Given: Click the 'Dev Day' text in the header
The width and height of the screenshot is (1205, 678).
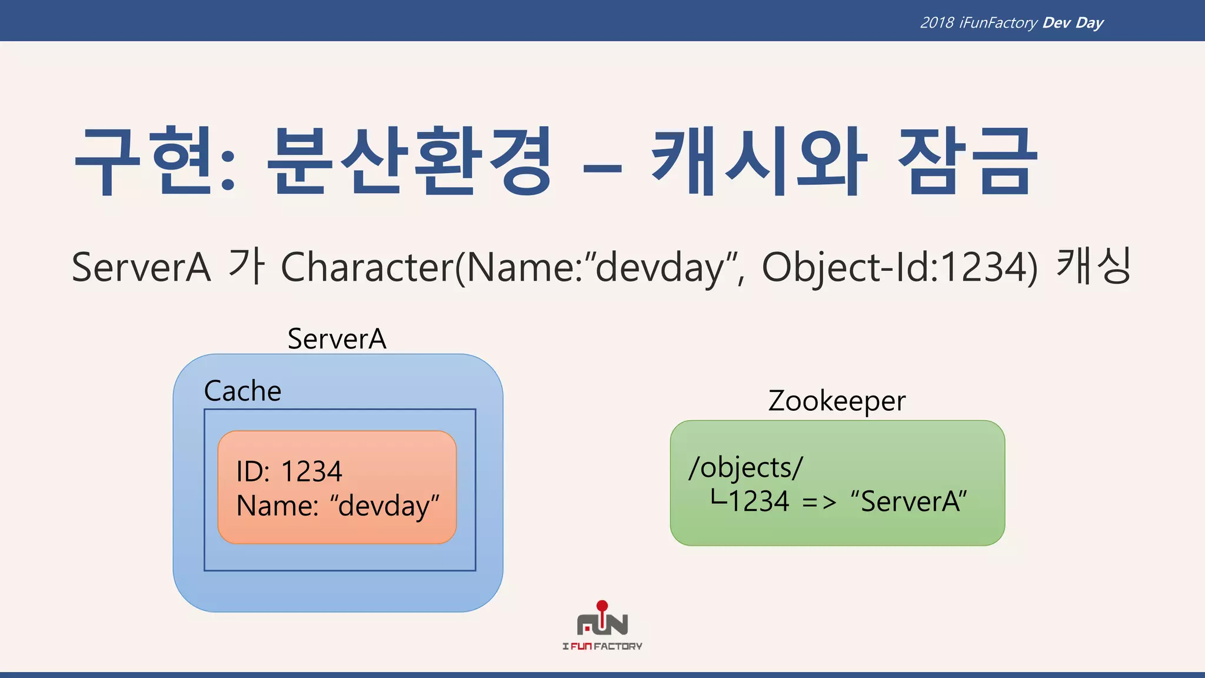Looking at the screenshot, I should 1073,23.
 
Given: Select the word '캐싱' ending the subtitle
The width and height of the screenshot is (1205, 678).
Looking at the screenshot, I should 1093,266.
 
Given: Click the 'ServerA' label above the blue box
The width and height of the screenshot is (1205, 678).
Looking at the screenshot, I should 337,339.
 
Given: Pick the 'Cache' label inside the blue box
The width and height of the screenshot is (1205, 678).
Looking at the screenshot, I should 242,391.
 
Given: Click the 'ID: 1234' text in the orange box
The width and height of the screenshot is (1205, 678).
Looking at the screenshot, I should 289,471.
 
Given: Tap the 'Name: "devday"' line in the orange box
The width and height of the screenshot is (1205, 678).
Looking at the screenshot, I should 338,506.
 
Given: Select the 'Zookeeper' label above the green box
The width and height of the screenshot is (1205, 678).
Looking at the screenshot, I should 837,401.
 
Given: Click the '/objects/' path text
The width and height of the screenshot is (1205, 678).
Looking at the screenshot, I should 745,468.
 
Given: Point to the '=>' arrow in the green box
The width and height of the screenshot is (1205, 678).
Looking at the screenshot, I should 818,503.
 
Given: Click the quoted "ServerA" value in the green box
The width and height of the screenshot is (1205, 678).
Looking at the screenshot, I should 908,502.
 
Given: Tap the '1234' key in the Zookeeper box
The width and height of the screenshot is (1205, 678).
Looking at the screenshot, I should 758,502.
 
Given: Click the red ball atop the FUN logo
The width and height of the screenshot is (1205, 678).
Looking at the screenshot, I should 602,606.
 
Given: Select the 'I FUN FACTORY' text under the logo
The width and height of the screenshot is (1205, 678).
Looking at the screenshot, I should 602,646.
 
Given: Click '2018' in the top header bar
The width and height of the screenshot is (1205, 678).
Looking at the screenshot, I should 937,23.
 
